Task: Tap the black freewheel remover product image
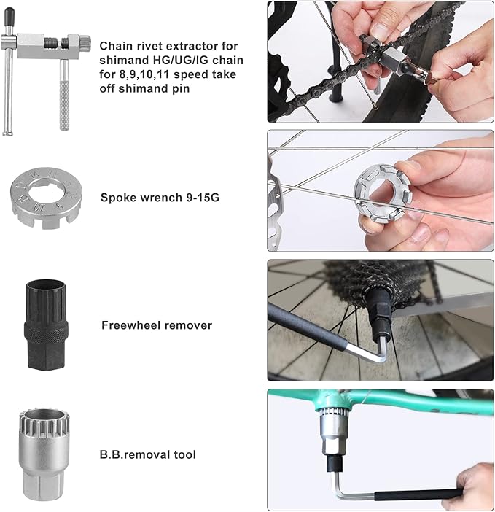click(44, 323)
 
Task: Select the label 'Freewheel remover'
click(157, 325)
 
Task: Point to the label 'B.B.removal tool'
click(149, 454)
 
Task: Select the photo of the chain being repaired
click(380, 61)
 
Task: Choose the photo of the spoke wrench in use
click(380, 190)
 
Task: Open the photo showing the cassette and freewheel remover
click(380, 320)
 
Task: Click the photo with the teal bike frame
click(380, 449)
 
